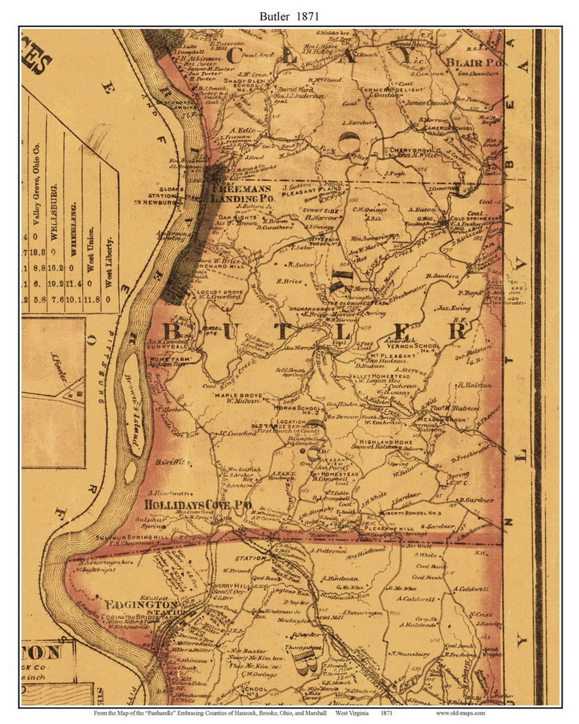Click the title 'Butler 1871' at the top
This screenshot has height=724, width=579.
coord(289,16)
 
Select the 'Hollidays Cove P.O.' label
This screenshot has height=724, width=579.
coord(198,505)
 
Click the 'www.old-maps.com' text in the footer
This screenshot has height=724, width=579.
coord(461,713)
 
